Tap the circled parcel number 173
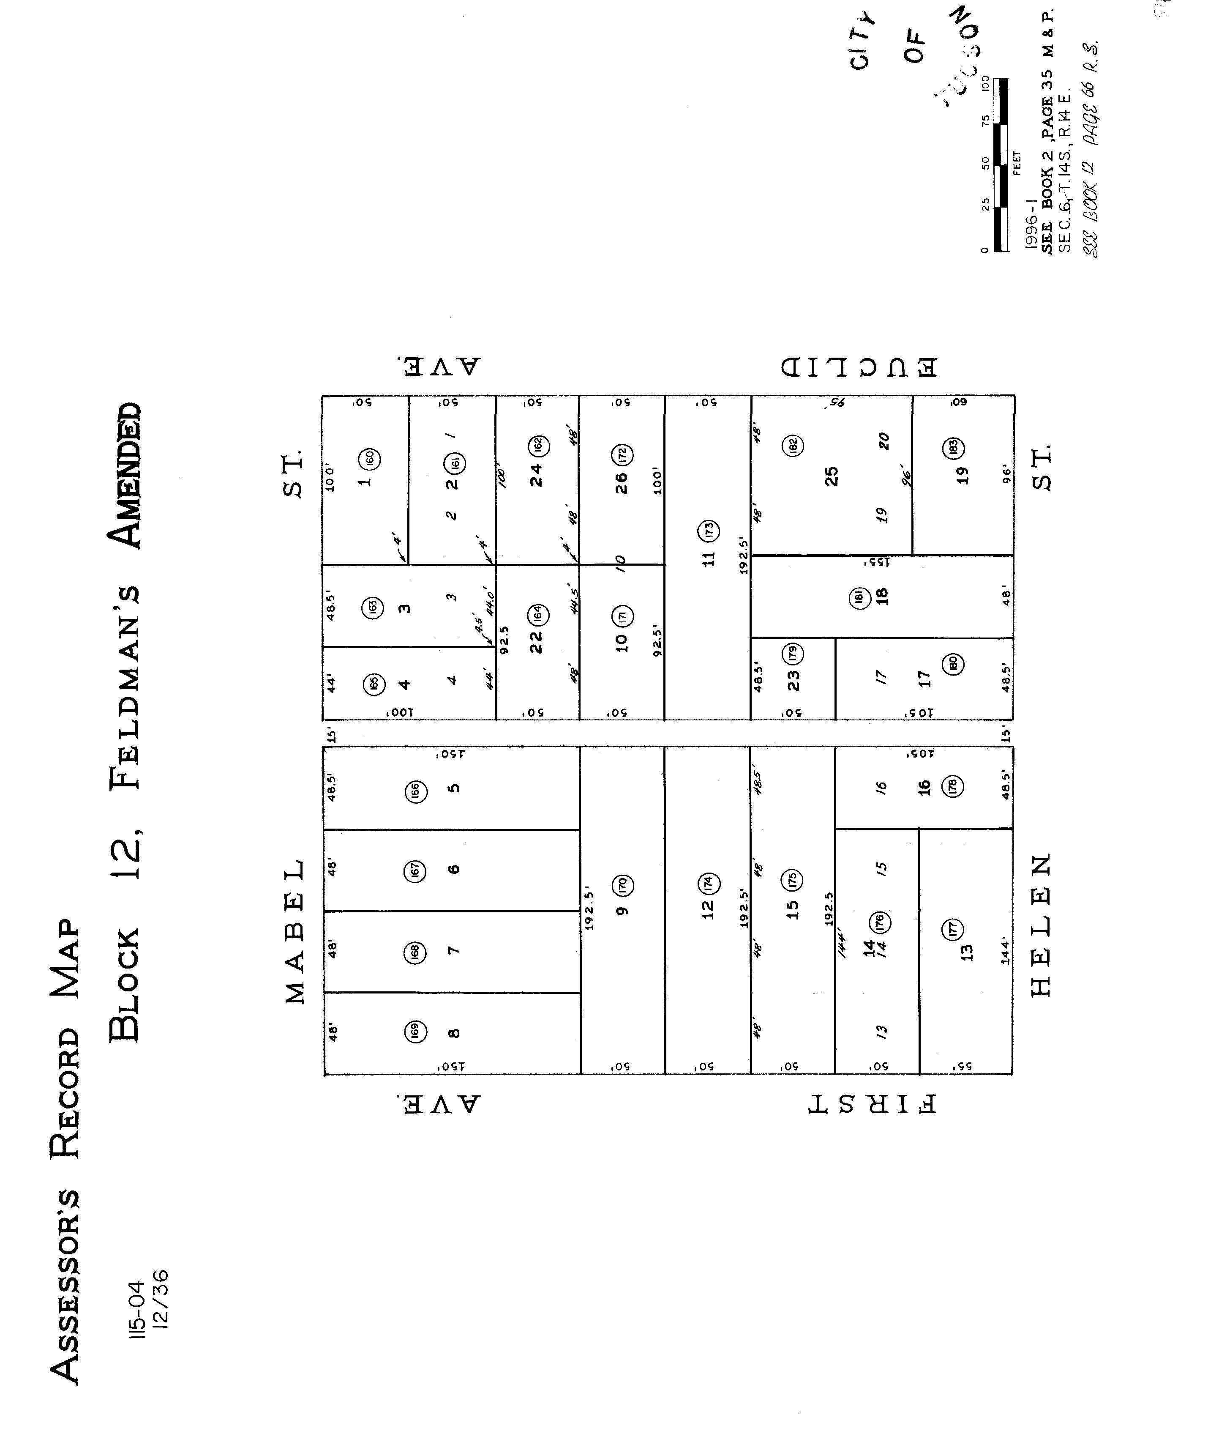709,530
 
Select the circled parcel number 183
954,447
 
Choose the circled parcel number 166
415,791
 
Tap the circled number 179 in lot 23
793,654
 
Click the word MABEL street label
295,931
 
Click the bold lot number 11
709,558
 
